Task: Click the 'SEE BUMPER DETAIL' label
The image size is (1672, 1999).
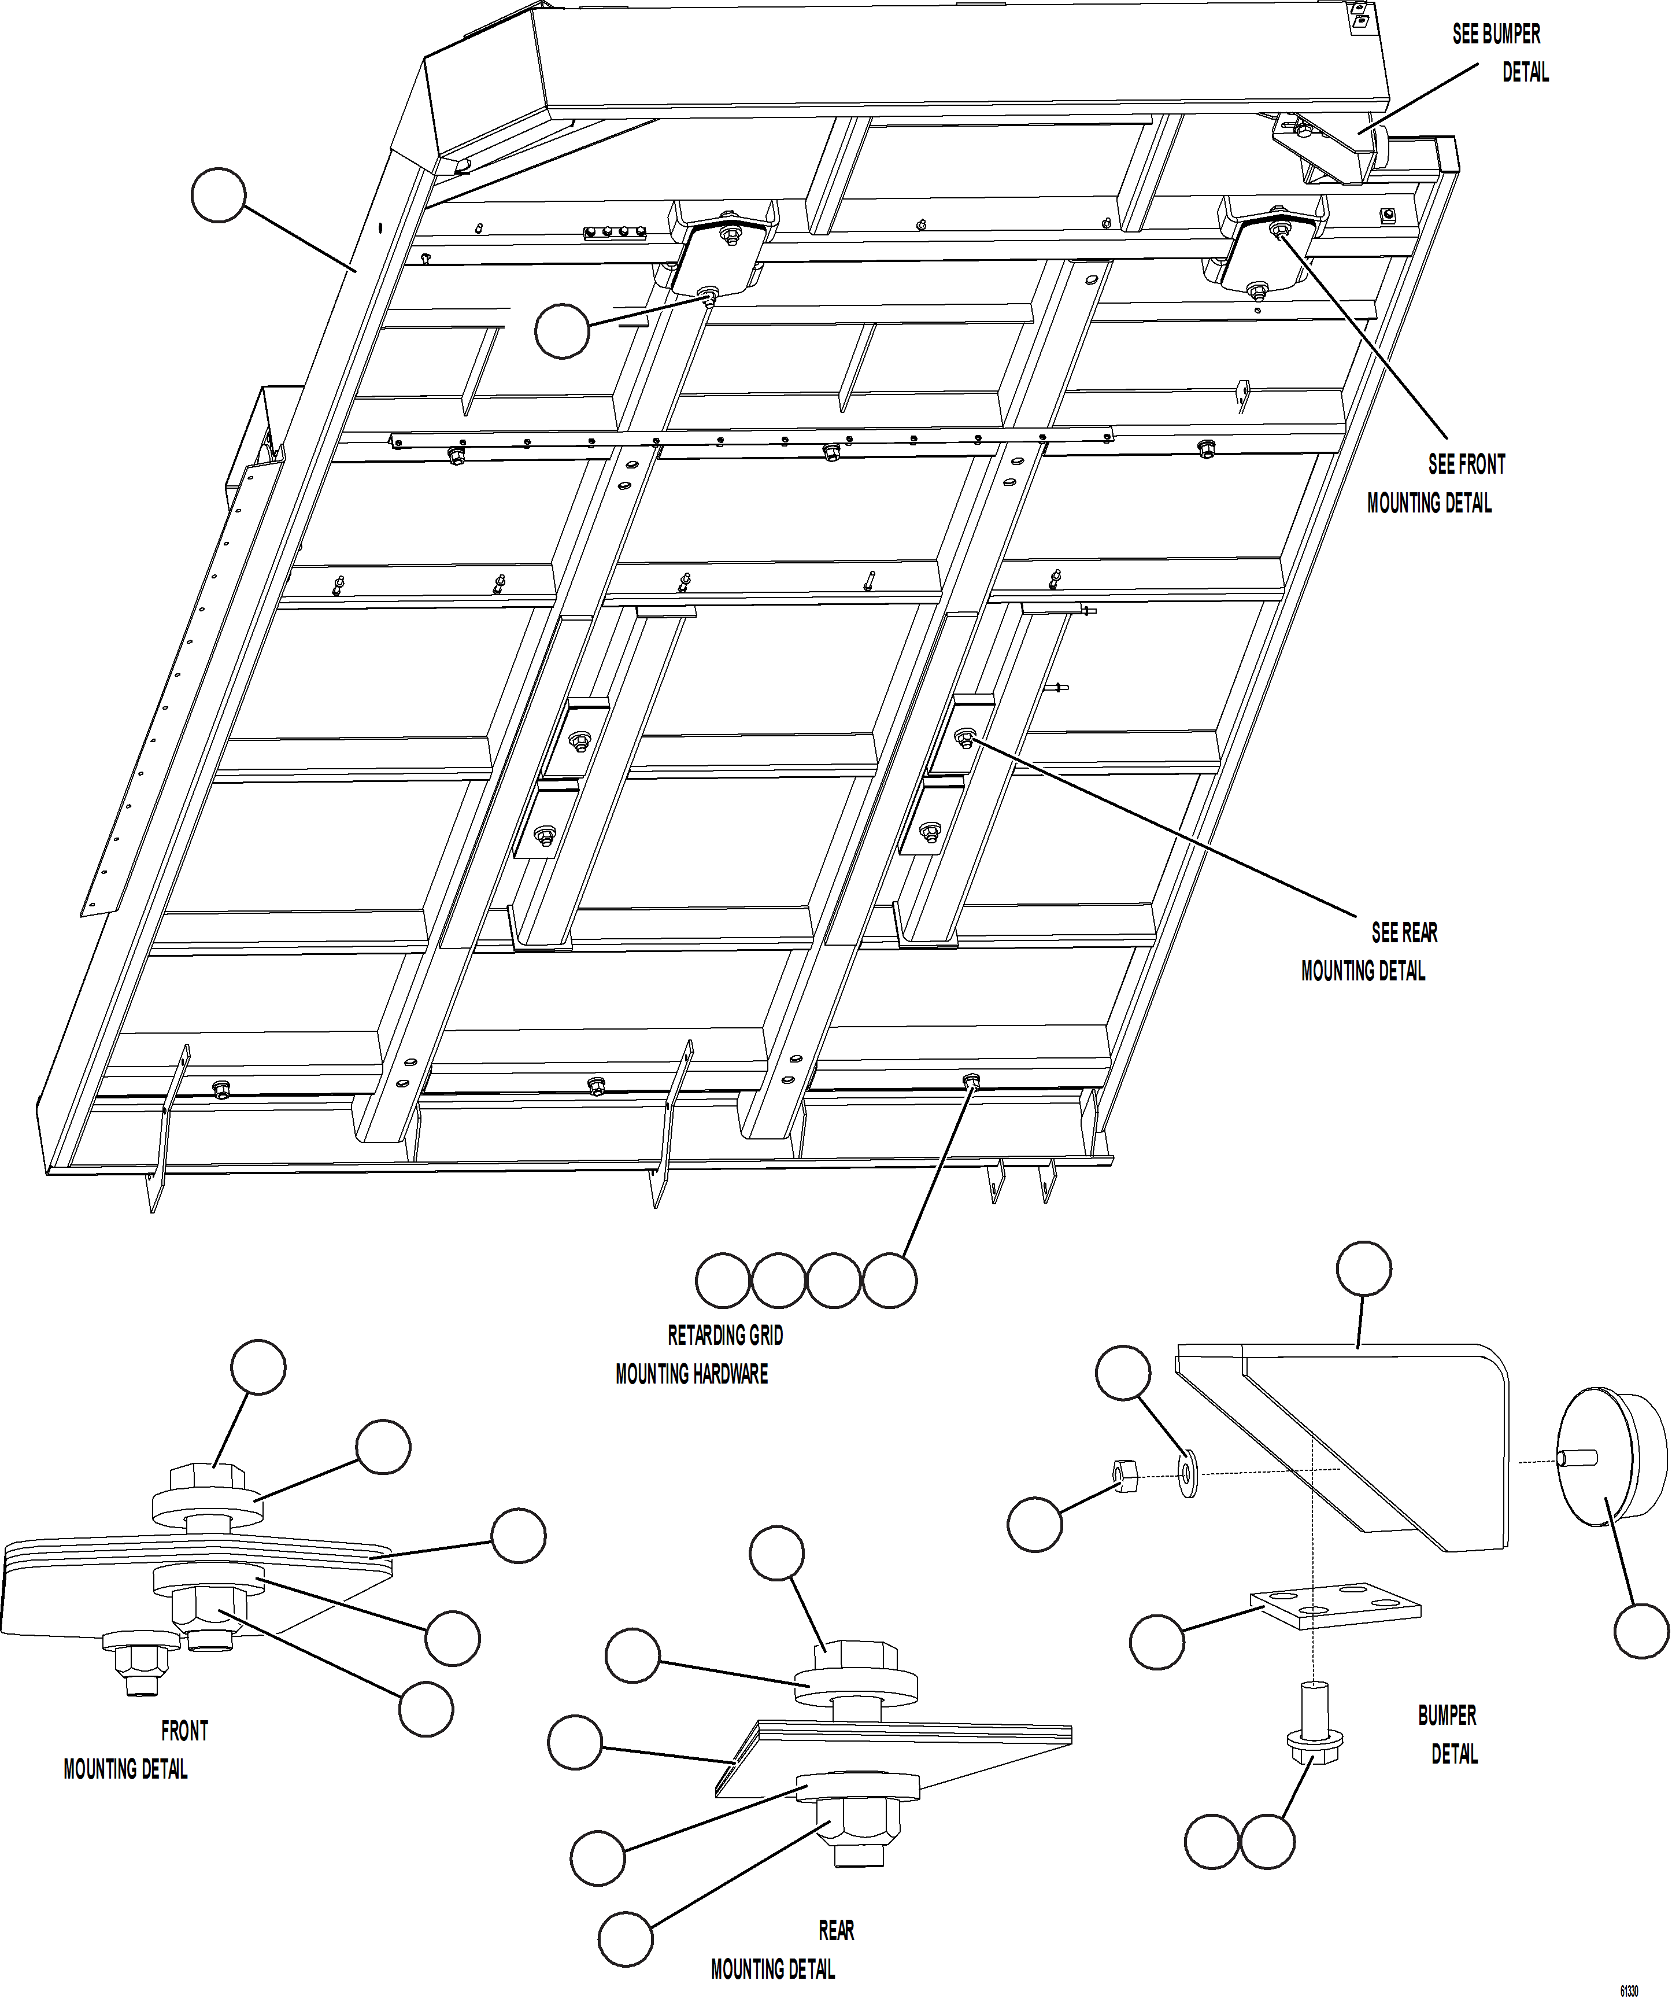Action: [x=1500, y=53]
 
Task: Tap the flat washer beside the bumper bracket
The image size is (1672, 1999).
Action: [x=1188, y=1474]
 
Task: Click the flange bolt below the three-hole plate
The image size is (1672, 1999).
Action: [x=1314, y=1725]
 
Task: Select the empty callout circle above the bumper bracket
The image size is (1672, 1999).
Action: [x=1364, y=1269]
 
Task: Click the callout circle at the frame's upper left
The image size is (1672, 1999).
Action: [x=219, y=195]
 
